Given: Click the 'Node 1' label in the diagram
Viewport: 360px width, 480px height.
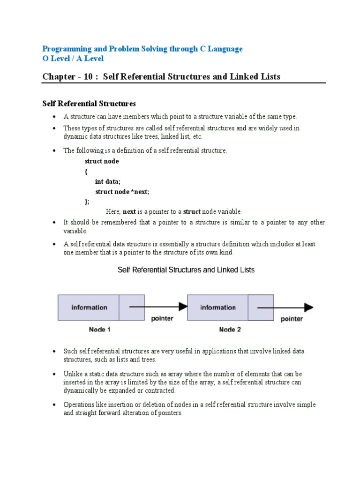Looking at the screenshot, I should (100, 330).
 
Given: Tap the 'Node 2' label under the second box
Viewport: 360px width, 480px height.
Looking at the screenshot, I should (230, 330).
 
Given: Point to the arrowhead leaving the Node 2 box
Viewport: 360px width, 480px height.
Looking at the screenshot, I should (308, 307).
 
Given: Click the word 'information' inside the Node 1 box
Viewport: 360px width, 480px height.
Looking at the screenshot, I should (89, 307).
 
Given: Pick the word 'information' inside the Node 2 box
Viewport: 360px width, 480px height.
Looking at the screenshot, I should (218, 307).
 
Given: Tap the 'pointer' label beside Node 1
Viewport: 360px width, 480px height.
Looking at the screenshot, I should (162, 319).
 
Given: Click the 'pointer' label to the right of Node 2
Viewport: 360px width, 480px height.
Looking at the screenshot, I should (292, 319).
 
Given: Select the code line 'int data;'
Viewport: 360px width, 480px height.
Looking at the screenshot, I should (108, 181).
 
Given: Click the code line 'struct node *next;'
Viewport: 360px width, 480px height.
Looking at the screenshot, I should (122, 192).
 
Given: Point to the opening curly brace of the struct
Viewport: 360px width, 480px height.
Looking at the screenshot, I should (86, 172).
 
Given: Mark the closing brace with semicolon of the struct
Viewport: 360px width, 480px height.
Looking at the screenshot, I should (87, 202).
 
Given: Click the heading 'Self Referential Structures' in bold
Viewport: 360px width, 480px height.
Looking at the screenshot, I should (89, 103).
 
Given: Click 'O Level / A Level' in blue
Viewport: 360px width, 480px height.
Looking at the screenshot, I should (73, 59).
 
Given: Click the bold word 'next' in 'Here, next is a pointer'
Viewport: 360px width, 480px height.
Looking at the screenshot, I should (129, 212).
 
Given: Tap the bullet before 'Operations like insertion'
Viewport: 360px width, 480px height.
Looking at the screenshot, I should (54, 405).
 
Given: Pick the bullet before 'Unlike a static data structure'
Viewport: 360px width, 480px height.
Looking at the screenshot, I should (54, 374).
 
